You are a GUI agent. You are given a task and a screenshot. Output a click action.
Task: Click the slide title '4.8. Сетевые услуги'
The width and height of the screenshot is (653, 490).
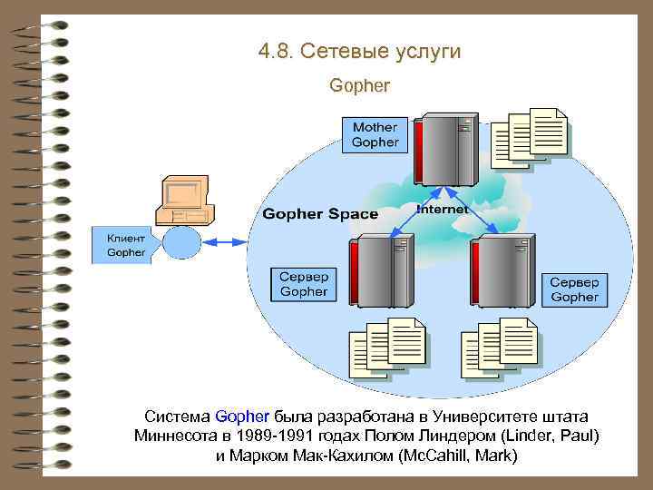click(359, 52)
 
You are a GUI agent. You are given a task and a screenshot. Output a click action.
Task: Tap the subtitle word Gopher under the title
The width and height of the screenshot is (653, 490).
click(360, 87)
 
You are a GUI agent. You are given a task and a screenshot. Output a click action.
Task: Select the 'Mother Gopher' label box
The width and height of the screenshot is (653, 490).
click(375, 135)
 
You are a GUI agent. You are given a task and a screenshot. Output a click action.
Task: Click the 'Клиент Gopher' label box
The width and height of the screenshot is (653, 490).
click(125, 245)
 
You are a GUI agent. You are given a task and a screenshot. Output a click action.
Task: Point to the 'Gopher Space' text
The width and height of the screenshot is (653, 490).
click(320, 214)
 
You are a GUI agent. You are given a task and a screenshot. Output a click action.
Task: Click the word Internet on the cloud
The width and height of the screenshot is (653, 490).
click(443, 209)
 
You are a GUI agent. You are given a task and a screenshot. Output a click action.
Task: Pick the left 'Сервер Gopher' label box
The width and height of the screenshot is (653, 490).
click(304, 284)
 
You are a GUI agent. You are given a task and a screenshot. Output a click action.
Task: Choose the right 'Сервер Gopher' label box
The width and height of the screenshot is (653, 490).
click(574, 289)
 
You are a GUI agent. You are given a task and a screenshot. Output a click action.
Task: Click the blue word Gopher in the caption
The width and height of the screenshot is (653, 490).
click(243, 416)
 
